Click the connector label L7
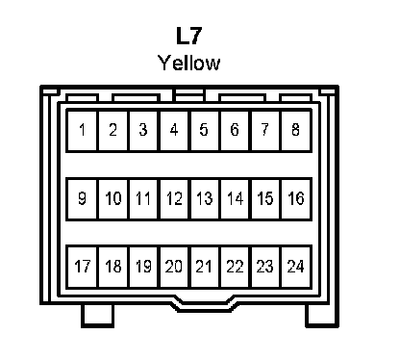pyautogui.click(x=189, y=36)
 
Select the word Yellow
pyautogui.click(x=189, y=63)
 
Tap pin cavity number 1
pyautogui.click(x=82, y=130)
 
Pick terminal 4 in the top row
pyautogui.click(x=174, y=130)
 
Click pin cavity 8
pyautogui.click(x=296, y=130)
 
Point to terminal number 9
pyautogui.click(x=82, y=198)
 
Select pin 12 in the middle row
pyautogui.click(x=174, y=198)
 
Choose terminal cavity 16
pyautogui.click(x=296, y=198)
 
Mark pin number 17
pyautogui.click(x=82, y=267)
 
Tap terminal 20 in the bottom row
pyautogui.click(x=174, y=267)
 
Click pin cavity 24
pyautogui.click(x=296, y=267)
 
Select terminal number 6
pyautogui.click(x=235, y=130)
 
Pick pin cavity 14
pyautogui.click(x=235, y=198)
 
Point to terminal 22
pyautogui.click(x=235, y=267)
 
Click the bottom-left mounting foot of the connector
pyautogui.click(x=97, y=316)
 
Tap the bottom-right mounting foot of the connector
pyautogui.click(x=321, y=316)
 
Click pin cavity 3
pyautogui.click(x=143, y=130)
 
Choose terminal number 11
pyautogui.click(x=143, y=198)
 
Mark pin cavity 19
pyautogui.click(x=143, y=267)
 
